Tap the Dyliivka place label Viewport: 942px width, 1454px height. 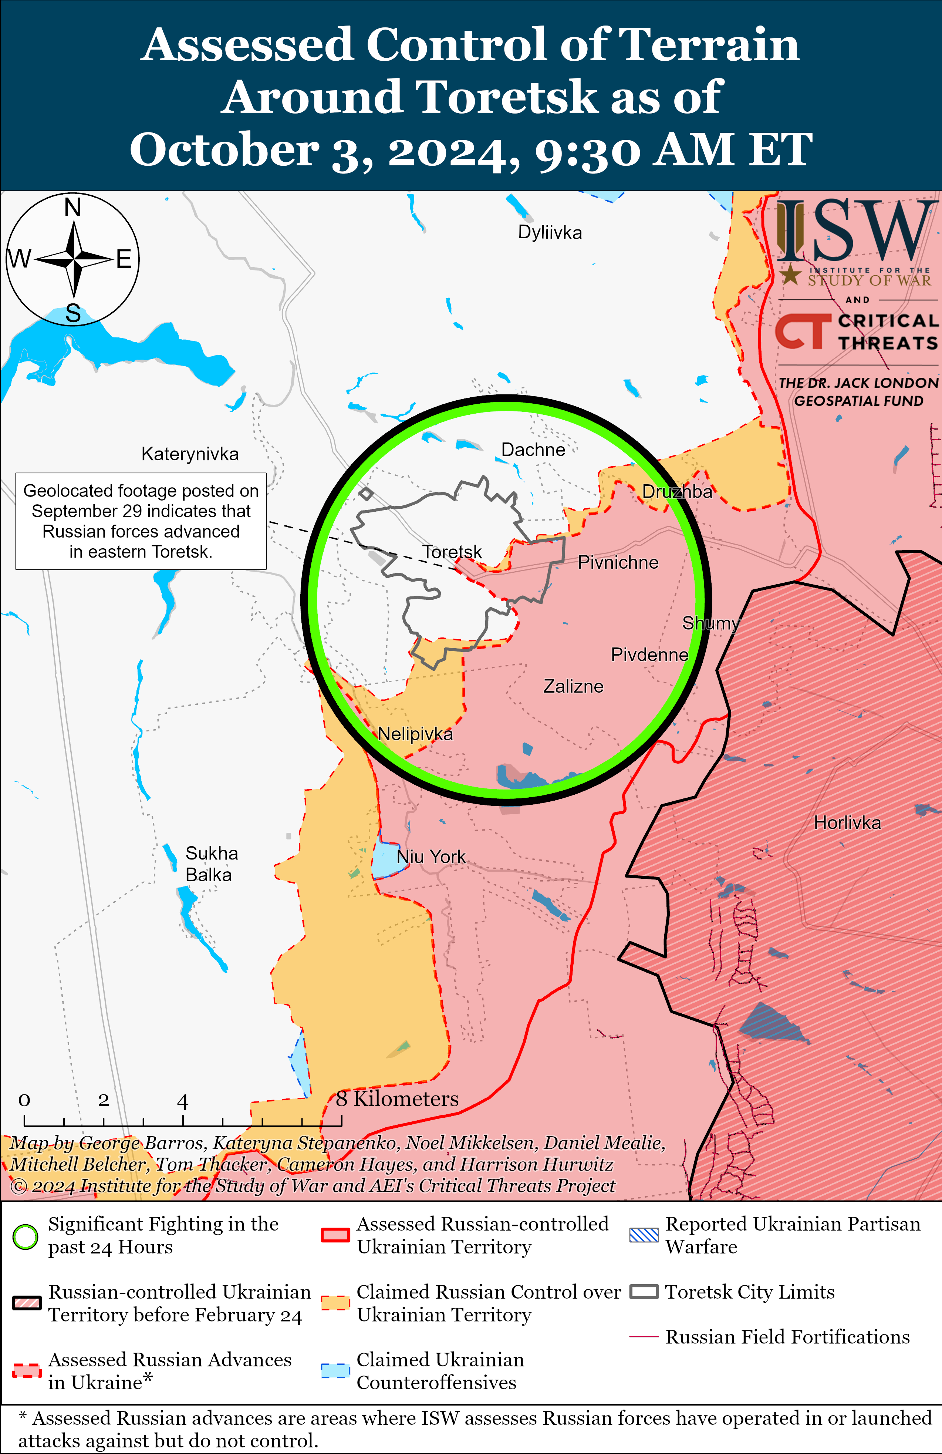click(550, 233)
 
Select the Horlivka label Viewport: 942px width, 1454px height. click(847, 823)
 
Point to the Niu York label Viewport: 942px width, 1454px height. click(431, 856)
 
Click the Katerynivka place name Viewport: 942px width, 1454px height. click(190, 454)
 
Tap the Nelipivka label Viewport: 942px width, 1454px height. click(415, 734)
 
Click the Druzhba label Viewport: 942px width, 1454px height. click(677, 492)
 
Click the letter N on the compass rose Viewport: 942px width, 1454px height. click(73, 208)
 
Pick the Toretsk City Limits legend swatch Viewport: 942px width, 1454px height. click(644, 1292)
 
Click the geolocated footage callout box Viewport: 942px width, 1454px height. click(141, 521)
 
